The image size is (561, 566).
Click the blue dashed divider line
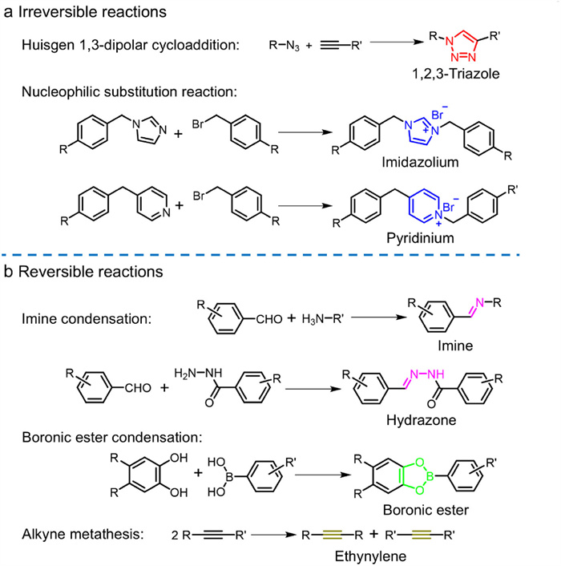pos(280,254)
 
